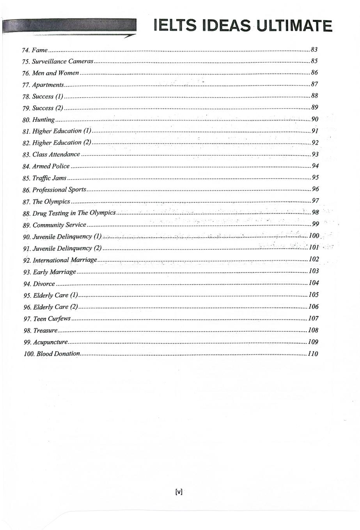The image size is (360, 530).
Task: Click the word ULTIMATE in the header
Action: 295,26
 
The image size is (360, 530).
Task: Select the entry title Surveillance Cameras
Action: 62,61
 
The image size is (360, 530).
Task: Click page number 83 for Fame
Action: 314,50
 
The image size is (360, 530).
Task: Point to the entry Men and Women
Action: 55,73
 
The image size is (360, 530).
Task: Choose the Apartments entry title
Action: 48,85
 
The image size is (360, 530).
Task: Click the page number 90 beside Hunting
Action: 315,119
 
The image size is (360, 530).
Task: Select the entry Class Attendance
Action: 56,155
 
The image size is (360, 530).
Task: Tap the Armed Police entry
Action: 51,166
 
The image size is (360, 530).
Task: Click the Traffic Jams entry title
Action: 49,178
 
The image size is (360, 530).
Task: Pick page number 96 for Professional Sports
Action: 316,189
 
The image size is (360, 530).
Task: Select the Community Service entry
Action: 59,225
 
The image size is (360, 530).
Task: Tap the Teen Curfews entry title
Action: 52,319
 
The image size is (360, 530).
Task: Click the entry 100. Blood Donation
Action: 52,354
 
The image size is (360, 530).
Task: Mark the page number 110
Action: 313,354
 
